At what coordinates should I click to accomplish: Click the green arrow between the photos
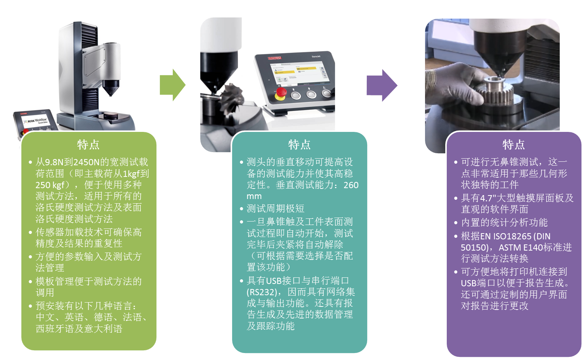(172, 85)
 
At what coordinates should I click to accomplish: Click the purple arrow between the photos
(382, 85)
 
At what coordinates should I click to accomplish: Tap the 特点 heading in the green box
(88, 145)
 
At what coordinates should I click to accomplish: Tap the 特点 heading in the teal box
(299, 145)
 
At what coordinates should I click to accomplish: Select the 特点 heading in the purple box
(514, 145)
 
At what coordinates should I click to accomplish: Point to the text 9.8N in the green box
(54, 162)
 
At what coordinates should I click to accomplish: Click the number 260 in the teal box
(351, 185)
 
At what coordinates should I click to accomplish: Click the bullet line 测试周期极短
(275, 208)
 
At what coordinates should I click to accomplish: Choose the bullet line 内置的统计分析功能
(504, 222)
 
